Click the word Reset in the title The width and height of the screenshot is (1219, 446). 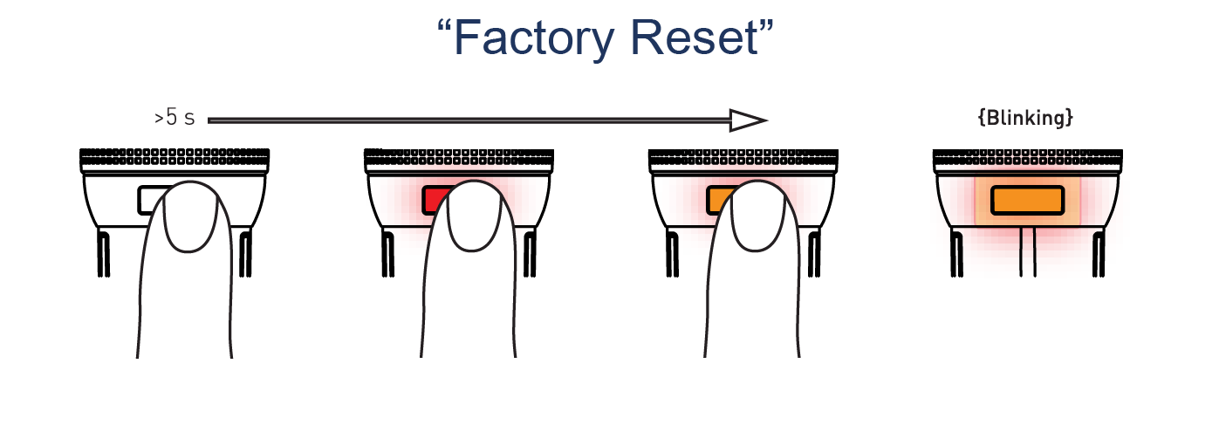point(698,39)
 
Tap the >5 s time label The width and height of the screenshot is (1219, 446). point(175,117)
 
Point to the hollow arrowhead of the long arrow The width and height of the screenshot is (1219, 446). point(748,120)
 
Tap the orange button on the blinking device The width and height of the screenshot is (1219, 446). point(1027,200)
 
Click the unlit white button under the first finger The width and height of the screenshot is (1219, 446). point(150,200)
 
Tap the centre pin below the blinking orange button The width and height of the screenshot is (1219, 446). point(1027,253)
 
